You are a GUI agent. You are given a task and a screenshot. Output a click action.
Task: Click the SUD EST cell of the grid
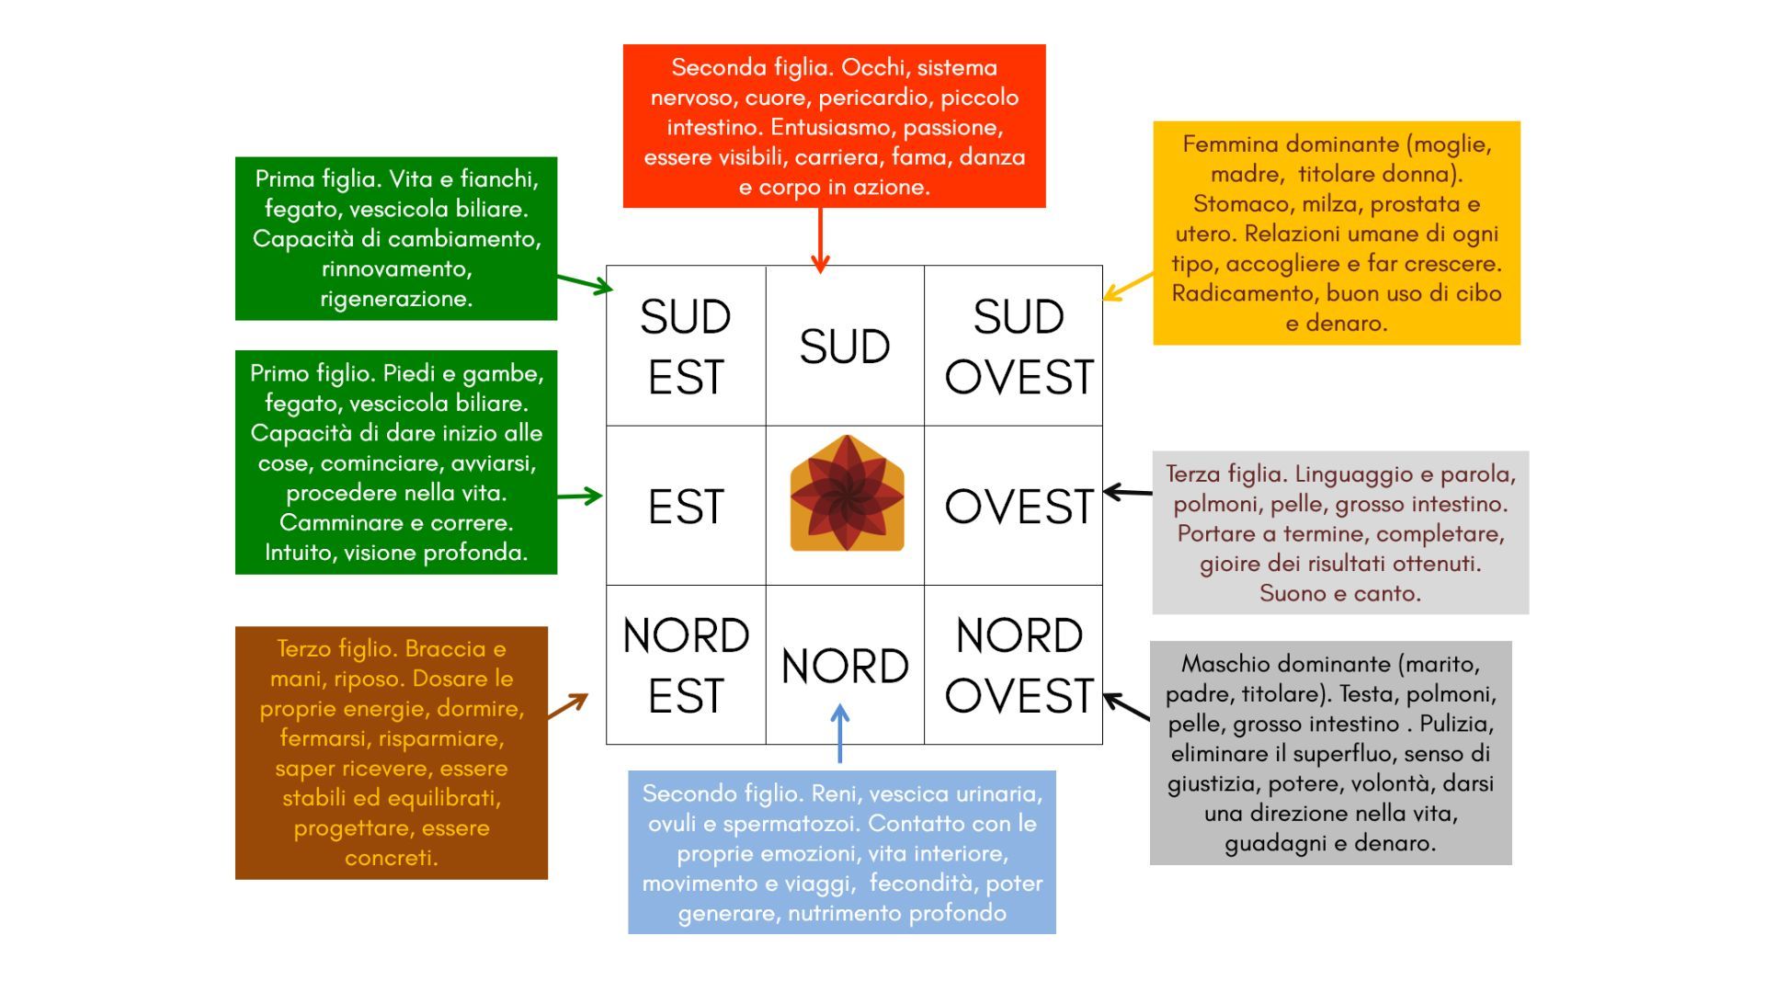coord(686,346)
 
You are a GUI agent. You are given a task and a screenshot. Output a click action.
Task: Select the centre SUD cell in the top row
coord(845,346)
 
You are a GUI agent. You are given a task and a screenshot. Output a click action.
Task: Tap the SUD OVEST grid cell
coord(1018,346)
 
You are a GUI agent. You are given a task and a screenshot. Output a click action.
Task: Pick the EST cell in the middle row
coord(686,506)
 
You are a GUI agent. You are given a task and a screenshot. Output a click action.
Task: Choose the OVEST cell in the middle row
coord(1018,506)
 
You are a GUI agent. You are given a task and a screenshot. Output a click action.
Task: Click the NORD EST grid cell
coord(686,665)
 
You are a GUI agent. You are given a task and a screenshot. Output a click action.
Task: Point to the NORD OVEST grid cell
coord(1018,665)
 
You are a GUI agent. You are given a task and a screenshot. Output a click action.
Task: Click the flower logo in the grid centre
coord(847,494)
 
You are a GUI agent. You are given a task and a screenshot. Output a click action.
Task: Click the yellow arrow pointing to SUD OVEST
coord(1127,286)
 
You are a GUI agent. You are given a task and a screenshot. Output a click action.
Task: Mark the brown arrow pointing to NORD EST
coord(567,706)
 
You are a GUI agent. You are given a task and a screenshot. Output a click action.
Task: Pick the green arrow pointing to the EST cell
coord(579,496)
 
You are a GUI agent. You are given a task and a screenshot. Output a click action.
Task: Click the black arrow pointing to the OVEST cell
coord(1127,493)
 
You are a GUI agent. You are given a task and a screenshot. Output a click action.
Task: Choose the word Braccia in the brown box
coord(445,649)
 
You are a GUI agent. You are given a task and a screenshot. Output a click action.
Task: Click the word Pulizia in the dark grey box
coord(1456,724)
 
